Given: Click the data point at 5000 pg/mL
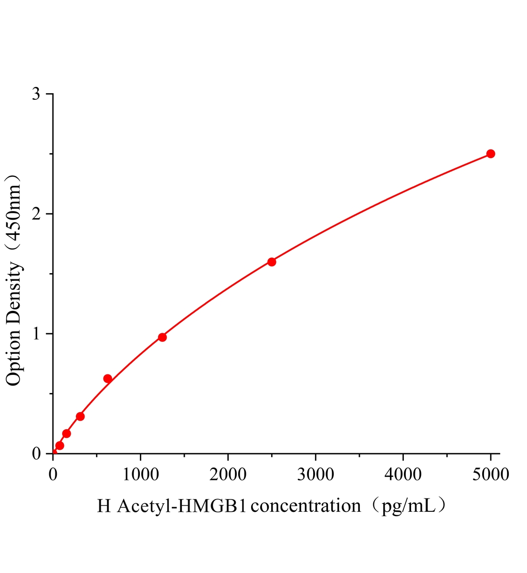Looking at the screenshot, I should tap(490, 154).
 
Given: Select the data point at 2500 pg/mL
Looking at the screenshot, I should tap(272, 262).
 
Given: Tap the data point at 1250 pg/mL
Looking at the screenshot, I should tap(162, 337).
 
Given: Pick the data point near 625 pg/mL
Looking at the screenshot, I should tap(108, 379).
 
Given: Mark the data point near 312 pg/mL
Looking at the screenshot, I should tap(80, 416).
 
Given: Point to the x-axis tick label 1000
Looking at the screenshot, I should tap(140, 475).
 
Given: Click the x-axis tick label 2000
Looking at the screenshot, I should tap(228, 475).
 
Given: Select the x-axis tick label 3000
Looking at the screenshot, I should tap(316, 475).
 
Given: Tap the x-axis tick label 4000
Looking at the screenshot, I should tap(403, 475).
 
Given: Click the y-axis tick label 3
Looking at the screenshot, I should tap(36, 94).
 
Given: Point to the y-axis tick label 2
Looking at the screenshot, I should tap(36, 214).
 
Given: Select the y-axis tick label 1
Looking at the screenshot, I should tap(36, 334).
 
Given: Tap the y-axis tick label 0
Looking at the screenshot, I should tap(36, 454).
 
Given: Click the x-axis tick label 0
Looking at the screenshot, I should tap(53, 475).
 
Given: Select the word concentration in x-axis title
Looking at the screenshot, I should tap(306, 505).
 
